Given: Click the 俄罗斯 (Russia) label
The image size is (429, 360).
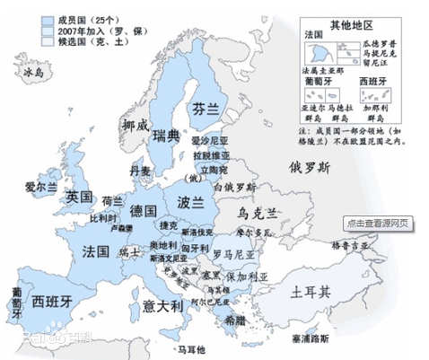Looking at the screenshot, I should [309, 167].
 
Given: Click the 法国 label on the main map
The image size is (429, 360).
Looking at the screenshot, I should [95, 249].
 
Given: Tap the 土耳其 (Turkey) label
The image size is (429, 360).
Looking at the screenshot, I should [311, 292].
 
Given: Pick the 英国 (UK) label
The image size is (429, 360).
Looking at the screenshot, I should [80, 197].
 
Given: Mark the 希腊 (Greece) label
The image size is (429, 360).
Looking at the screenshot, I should [234, 320].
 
